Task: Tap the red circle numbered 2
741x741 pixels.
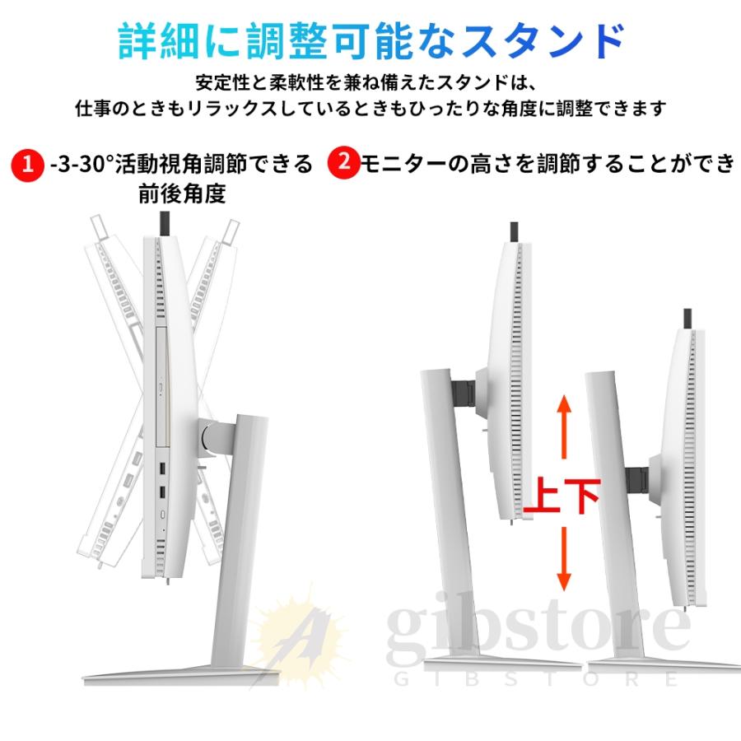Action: point(343,162)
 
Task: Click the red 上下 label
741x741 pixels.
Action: point(564,497)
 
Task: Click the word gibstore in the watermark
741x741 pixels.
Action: point(539,630)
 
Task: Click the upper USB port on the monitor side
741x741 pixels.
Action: point(162,470)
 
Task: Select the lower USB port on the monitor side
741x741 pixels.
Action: point(162,493)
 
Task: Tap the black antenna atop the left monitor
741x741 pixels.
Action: point(164,221)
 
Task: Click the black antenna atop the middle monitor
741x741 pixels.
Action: point(514,231)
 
